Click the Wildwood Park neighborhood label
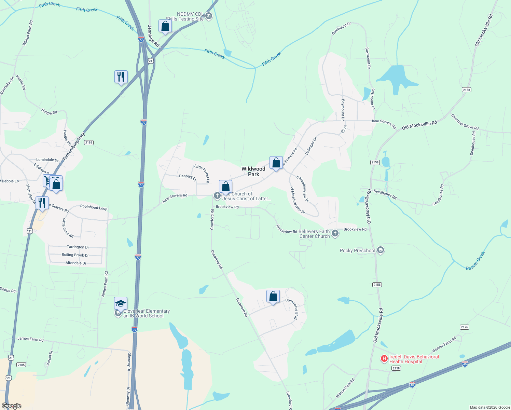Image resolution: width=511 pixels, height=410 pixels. (253, 172)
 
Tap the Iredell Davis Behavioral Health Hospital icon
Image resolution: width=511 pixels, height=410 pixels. (384, 358)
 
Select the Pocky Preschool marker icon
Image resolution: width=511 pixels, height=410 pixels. (381, 250)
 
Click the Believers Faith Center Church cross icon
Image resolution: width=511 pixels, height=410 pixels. (335, 233)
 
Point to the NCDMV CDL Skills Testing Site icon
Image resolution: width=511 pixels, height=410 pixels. (208, 16)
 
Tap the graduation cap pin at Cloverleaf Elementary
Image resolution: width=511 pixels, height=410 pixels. (121, 303)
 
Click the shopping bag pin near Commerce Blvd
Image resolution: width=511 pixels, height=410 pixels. (273, 297)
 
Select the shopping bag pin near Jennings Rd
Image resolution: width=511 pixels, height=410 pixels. (165, 26)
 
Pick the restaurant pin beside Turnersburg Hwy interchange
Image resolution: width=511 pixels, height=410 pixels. (121, 77)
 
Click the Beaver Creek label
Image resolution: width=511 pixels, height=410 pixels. (475, 261)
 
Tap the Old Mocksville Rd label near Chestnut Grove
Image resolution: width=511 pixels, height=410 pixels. (419, 125)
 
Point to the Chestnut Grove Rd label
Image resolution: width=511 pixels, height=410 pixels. (465, 122)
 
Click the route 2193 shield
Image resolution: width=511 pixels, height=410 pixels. (89, 142)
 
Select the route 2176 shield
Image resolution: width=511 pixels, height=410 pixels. (465, 327)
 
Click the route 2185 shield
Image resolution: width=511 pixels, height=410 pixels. (21, 365)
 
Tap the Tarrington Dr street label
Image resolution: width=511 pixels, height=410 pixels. (78, 247)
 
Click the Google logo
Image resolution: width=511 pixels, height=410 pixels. (12, 406)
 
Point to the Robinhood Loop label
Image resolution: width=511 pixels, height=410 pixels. (94, 207)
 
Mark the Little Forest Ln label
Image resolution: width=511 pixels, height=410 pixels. (202, 173)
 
